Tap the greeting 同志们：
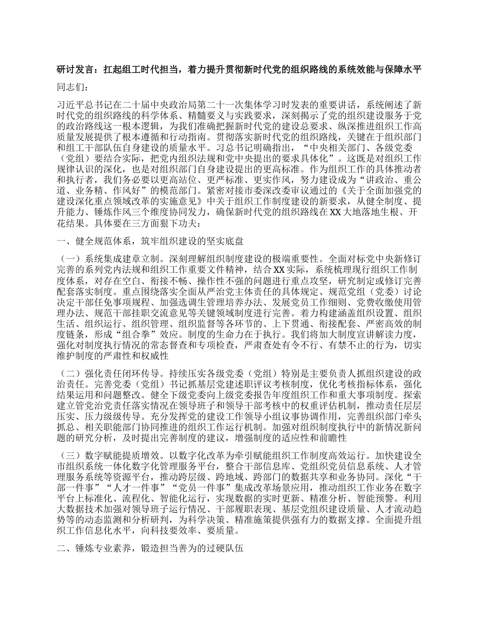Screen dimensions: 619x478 coord(73,87)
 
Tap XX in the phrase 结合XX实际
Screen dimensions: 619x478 coord(278,270)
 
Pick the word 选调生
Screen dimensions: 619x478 coord(245,302)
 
